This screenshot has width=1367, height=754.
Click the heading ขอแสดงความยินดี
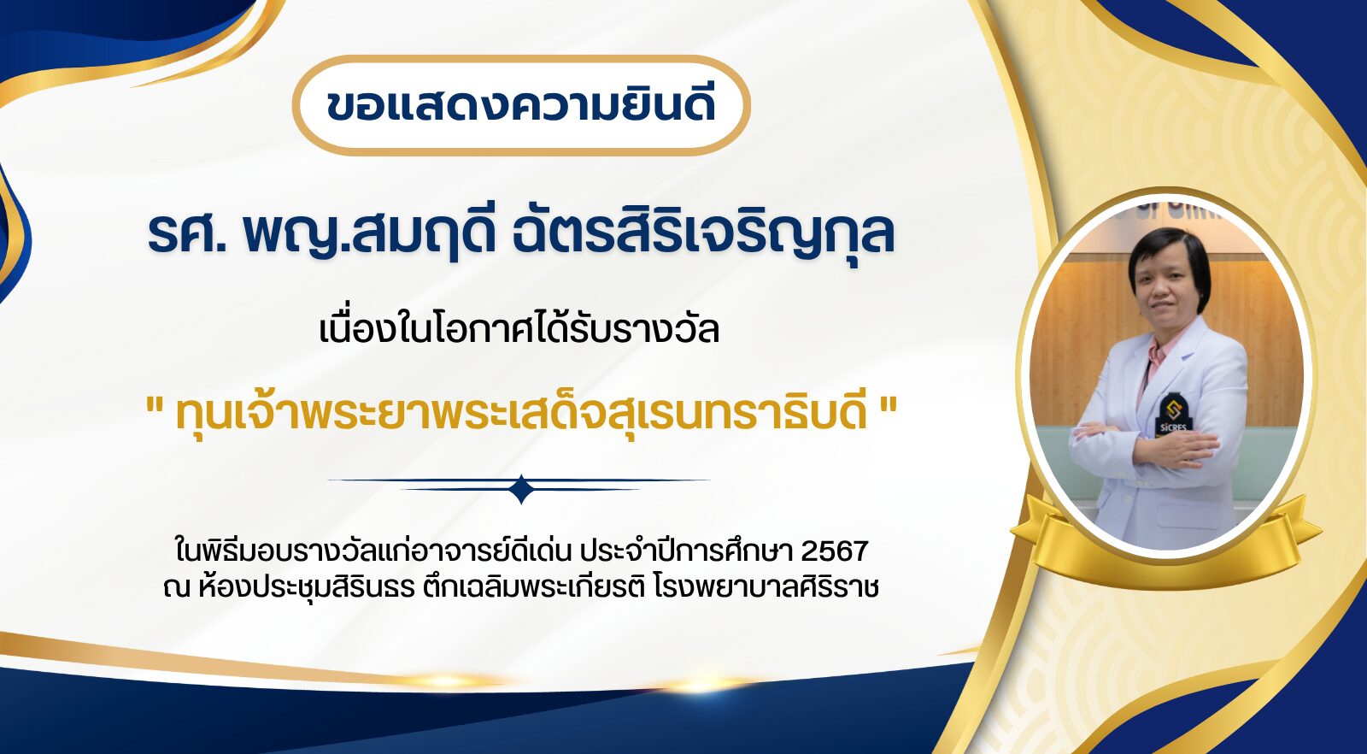[x=520, y=106]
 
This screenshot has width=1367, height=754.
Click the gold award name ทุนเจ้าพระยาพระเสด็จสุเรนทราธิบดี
[x=521, y=413]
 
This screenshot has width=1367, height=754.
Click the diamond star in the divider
[x=521, y=489]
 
